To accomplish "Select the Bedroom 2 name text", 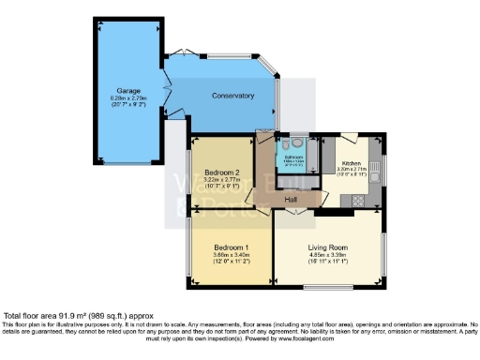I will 222,172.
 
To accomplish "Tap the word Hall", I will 292,200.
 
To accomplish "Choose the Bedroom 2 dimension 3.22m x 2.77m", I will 222,180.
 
